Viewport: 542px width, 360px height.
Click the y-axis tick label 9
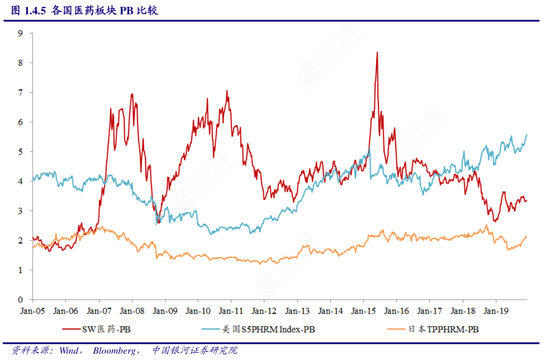coord(20,33)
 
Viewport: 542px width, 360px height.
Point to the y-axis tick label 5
coord(20,152)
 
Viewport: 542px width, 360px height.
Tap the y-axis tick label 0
coord(20,300)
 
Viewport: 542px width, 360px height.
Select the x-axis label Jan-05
coord(33,311)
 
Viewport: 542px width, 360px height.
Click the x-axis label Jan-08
coord(132,311)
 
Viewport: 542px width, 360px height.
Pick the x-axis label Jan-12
coord(264,311)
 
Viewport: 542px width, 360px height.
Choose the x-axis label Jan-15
coord(363,311)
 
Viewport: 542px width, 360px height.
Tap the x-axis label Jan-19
coord(496,311)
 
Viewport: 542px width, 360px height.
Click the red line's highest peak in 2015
coord(377,52)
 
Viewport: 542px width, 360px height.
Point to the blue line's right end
coord(527,134)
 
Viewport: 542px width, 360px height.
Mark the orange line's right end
coord(527,236)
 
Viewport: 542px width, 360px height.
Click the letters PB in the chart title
coord(127,11)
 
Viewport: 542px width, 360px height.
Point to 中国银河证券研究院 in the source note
coord(195,351)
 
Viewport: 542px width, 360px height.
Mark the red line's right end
coord(527,201)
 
